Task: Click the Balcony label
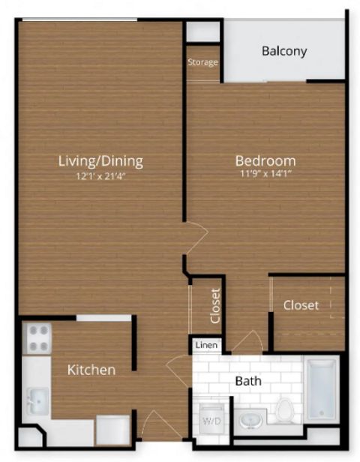(x=284, y=51)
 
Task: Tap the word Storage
(x=203, y=62)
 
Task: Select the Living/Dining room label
(x=100, y=161)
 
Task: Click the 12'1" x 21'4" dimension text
(x=101, y=176)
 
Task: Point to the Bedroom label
(x=265, y=160)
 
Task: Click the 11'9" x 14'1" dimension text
(x=265, y=173)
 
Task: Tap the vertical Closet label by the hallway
(x=216, y=305)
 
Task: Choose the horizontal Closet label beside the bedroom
(x=301, y=305)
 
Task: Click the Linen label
(x=207, y=345)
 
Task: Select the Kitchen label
(x=91, y=370)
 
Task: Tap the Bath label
(x=248, y=381)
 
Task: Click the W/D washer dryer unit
(x=211, y=418)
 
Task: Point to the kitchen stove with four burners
(x=37, y=338)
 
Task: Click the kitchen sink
(x=38, y=400)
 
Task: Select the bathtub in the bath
(x=322, y=388)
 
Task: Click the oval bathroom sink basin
(x=250, y=420)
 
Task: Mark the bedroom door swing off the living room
(x=196, y=238)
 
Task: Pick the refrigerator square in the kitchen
(x=113, y=430)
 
